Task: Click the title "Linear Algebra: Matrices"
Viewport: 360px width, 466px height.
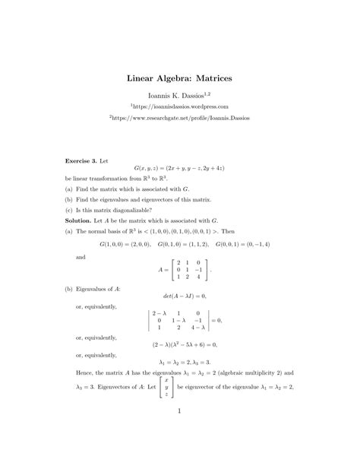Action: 179,78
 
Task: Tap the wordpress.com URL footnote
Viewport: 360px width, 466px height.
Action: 179,107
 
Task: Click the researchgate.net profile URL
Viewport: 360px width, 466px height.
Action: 179,119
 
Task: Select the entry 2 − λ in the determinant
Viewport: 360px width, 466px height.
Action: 159,312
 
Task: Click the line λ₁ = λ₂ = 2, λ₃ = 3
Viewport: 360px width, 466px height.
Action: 180,362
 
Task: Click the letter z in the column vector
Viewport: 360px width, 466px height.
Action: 166,395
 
